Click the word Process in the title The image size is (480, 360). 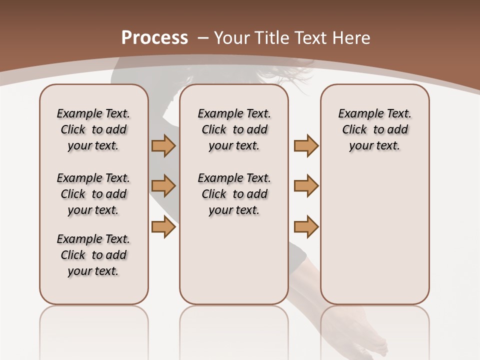tap(154, 38)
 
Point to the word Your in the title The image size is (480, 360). tap(232, 38)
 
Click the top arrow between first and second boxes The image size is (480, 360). tap(163, 146)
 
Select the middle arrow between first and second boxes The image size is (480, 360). tap(163, 186)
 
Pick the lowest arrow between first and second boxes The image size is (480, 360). tap(163, 227)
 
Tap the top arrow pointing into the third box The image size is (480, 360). tap(306, 146)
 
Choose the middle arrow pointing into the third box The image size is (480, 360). tap(306, 186)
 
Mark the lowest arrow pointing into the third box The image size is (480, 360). tap(306, 227)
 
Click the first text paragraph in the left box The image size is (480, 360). tap(93, 129)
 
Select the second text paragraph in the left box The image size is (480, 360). tap(93, 194)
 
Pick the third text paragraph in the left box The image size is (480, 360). tap(93, 255)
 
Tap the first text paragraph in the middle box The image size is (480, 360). tap(234, 129)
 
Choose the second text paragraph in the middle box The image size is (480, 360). tap(234, 194)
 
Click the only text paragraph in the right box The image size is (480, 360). tap(374, 129)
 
